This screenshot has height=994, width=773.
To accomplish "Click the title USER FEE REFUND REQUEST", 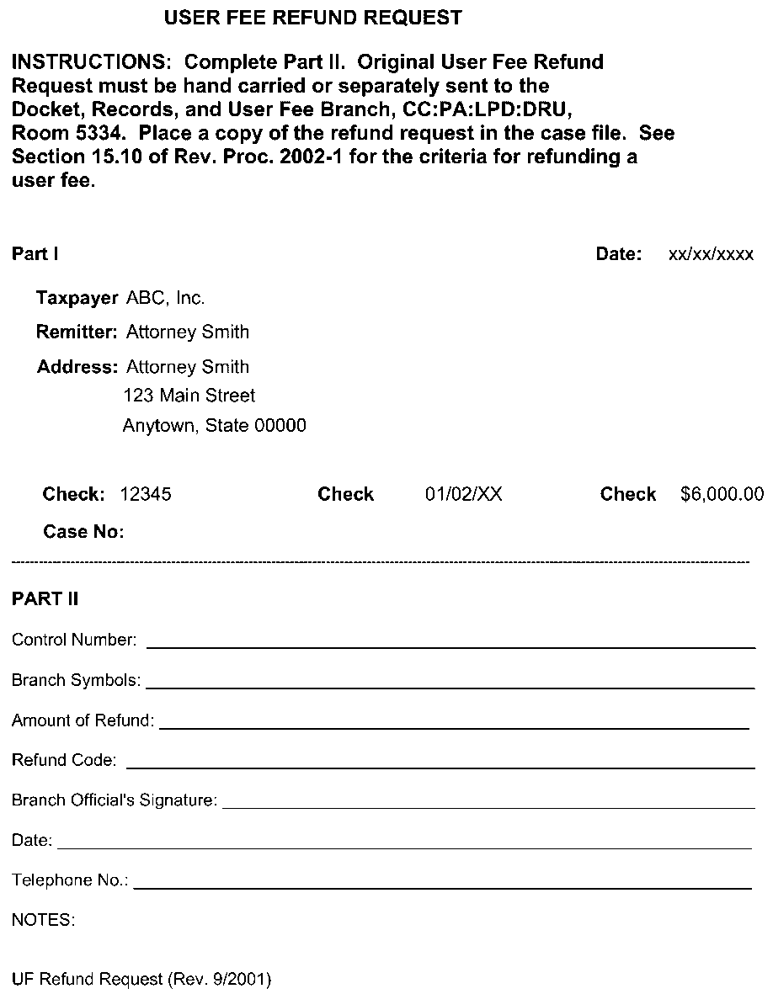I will (312, 18).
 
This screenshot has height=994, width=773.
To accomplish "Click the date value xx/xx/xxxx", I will (711, 255).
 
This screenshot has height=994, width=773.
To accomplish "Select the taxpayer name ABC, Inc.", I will (165, 298).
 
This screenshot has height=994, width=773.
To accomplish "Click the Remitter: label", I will (77, 332).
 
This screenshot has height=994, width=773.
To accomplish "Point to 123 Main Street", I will (189, 395).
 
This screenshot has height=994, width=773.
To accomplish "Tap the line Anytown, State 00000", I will (214, 426).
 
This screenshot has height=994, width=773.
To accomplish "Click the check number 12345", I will (146, 494).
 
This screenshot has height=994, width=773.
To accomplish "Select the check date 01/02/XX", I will (463, 494).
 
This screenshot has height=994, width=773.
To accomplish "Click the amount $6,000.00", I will (722, 494).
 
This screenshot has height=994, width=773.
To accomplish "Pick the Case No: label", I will (83, 532).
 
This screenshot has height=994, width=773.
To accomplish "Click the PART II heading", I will (45, 598).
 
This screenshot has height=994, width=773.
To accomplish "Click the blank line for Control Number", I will (450, 646).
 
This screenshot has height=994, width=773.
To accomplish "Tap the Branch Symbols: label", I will (77, 680).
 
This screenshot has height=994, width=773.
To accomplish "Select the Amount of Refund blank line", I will (454, 726).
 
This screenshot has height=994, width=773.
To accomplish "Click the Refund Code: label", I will (64, 760).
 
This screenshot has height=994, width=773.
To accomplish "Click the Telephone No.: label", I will (70, 880).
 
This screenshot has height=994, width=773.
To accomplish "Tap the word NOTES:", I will (44, 920).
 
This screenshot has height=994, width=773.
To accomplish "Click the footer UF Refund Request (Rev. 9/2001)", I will (141, 979).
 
